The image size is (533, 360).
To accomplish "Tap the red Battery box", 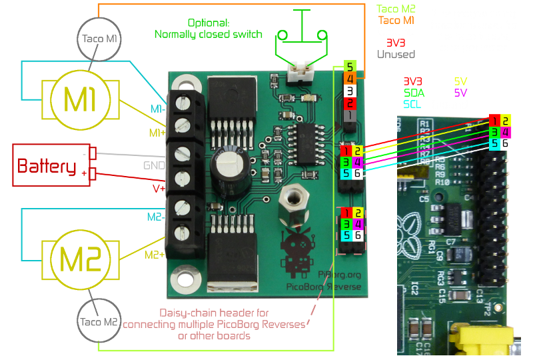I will [x=47, y=165].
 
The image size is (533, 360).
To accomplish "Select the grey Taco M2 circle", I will [x=99, y=322].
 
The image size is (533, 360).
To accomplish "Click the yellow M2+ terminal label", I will [x=154, y=254].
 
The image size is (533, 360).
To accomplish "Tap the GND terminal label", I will [x=155, y=165].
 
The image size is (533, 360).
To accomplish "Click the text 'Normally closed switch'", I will [x=208, y=34].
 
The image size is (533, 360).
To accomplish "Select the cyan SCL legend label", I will [x=410, y=105].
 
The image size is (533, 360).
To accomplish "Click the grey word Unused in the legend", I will [x=396, y=55].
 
